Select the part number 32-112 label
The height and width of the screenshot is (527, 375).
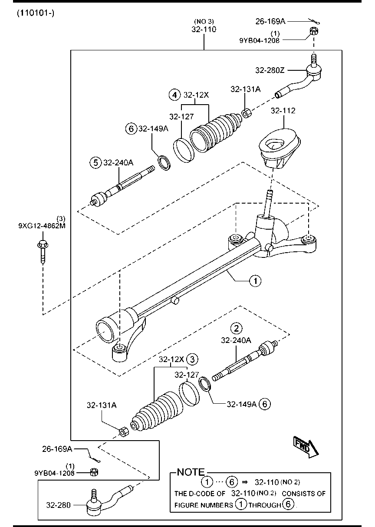pyautogui.click(x=283, y=111)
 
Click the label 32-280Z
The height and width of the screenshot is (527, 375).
pyautogui.click(x=270, y=70)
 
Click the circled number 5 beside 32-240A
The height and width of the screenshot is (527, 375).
pyautogui.click(x=95, y=162)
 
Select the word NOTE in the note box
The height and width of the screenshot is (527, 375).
pyautogui.click(x=191, y=472)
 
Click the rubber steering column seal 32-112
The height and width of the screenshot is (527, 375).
pyautogui.click(x=279, y=150)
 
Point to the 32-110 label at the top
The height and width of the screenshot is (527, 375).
pyautogui.click(x=204, y=30)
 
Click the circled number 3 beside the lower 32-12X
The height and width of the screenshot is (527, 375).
pyautogui.click(x=193, y=359)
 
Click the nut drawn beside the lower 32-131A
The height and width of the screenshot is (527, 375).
pyautogui.click(x=123, y=431)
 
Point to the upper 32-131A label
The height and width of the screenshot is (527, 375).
pyautogui.click(x=245, y=89)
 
